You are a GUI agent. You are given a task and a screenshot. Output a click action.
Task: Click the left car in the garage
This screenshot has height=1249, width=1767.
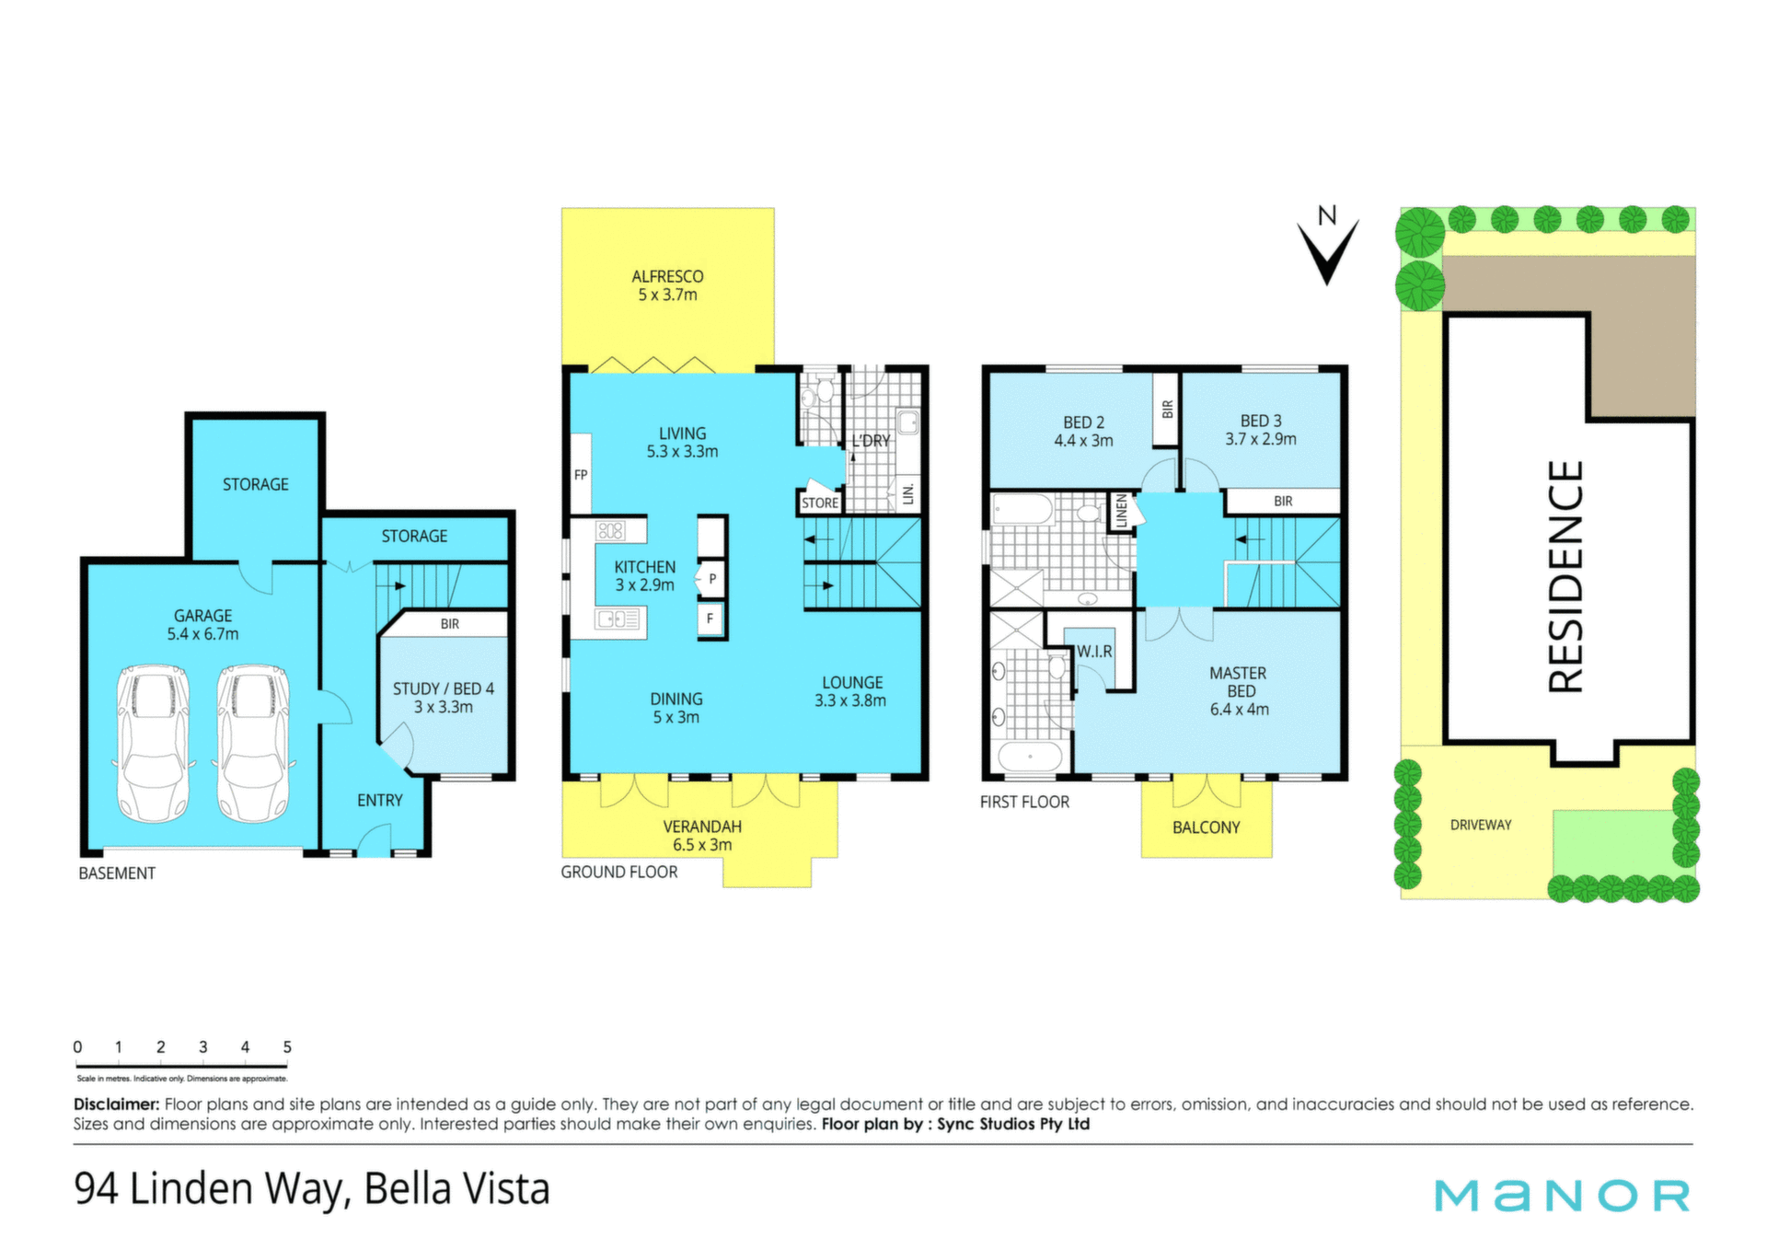point(153,744)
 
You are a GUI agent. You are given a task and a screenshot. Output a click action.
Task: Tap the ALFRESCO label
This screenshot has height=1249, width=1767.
point(667,276)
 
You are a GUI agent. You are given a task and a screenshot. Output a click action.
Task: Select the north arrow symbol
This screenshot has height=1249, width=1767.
point(1327,246)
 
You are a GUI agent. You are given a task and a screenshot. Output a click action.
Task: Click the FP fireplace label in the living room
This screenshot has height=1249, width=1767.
point(581,475)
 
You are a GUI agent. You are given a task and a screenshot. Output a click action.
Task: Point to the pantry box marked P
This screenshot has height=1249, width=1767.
point(711,580)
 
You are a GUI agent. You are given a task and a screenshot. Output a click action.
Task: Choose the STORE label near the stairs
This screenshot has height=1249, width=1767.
point(819,503)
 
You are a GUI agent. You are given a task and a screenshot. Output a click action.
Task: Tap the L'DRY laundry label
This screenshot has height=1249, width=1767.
point(871,441)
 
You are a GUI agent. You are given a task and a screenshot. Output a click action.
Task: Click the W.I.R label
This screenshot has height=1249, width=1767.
point(1094,651)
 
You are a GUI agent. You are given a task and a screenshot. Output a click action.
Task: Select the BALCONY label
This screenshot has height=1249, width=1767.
point(1206,827)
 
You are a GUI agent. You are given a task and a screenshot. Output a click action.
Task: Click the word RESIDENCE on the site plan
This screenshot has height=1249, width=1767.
point(1565,576)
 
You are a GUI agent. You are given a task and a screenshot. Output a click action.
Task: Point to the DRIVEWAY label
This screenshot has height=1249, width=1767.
point(1481,825)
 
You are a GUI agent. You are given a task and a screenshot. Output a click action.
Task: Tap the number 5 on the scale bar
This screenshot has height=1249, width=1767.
point(287,1047)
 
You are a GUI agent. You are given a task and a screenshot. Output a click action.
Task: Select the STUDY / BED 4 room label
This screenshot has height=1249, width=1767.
point(444,688)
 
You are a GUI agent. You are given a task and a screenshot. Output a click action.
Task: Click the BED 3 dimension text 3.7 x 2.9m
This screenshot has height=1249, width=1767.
point(1260,439)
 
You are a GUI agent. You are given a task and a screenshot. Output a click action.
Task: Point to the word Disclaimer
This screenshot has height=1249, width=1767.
point(117,1104)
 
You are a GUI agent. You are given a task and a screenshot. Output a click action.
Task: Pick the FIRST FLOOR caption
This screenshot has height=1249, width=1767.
point(1024,802)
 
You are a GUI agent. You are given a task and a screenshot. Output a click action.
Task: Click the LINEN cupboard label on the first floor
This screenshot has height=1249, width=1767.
point(1121,511)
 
